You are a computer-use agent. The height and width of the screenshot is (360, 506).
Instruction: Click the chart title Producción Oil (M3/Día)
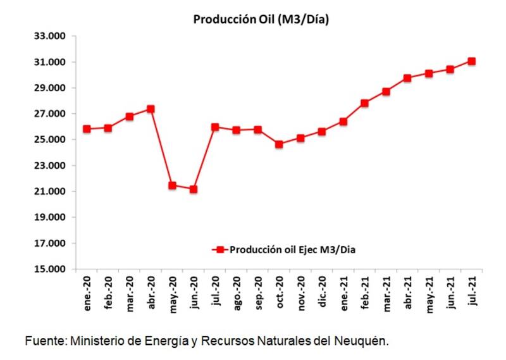click(261, 20)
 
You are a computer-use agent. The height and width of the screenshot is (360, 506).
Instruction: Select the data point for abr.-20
click(151, 109)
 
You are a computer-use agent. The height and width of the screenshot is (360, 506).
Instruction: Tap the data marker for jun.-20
click(194, 189)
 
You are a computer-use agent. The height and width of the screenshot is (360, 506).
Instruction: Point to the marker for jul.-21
click(471, 61)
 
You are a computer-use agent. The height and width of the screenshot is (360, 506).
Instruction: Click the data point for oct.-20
click(279, 144)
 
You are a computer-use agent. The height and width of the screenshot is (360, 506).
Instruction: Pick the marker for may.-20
click(172, 185)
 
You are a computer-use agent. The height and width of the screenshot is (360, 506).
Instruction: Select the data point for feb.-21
click(364, 103)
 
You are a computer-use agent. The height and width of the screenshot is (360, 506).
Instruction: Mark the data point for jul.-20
click(215, 127)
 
